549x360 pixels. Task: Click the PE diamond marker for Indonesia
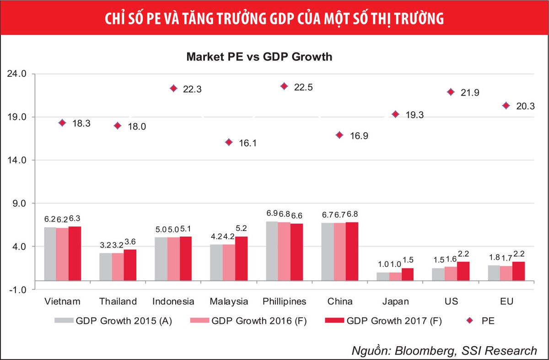click(x=173, y=88)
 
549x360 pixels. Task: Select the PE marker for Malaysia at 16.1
click(x=229, y=142)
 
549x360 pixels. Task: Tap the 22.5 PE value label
click(x=303, y=88)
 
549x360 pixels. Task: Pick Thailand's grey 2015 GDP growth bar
click(x=105, y=266)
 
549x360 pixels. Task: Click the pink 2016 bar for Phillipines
click(x=284, y=251)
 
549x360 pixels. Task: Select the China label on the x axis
click(x=340, y=301)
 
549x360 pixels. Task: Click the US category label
click(x=451, y=301)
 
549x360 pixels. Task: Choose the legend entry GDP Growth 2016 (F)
click(x=258, y=321)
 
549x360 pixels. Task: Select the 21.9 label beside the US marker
click(x=470, y=93)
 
